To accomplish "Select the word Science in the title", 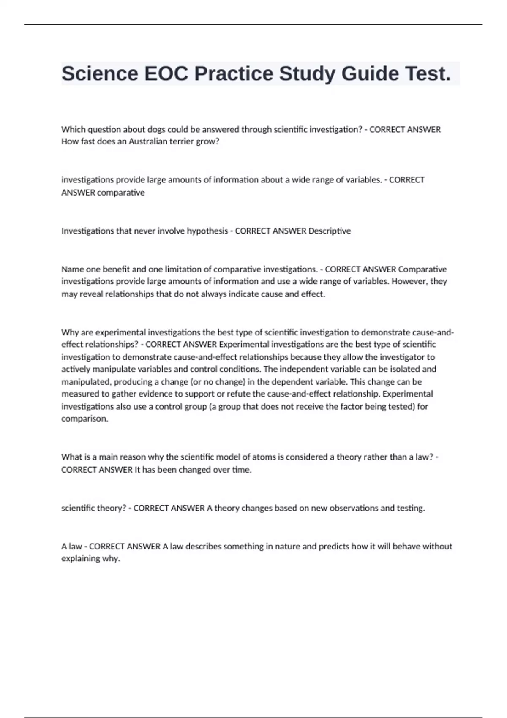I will coord(100,74).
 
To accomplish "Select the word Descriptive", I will coord(330,231).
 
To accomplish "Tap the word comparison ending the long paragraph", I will coord(84,419).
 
